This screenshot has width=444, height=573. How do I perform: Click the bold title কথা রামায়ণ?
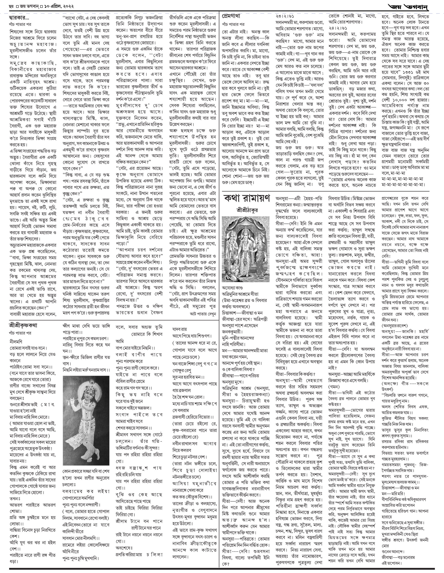pos(247,199)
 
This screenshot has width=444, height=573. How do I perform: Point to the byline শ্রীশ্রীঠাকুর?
pos(246,210)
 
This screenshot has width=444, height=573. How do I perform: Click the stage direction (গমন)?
pos(334,387)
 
